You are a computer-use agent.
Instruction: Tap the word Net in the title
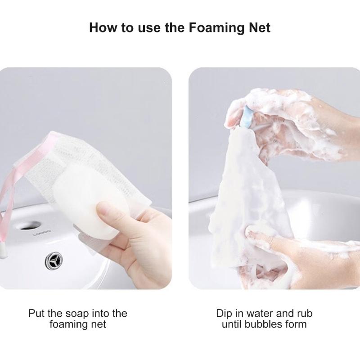point(257,27)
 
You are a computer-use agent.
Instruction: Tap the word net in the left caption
point(97,324)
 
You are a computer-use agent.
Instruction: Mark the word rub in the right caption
point(304,313)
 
